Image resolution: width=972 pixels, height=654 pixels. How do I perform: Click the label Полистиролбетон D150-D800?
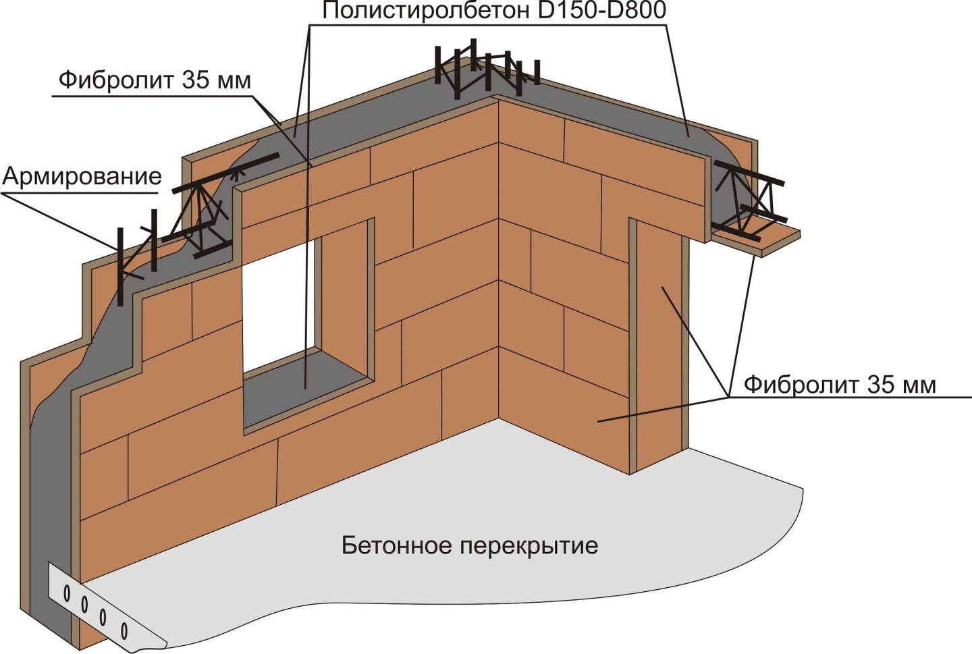pos(493,11)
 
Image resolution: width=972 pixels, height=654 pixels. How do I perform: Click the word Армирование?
pos(82,177)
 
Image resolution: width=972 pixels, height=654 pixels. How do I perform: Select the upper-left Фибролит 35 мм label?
pos(155,80)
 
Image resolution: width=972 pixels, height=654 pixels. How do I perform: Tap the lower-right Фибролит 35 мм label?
pos(840,385)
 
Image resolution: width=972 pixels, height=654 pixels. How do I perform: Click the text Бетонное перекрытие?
pos(470,545)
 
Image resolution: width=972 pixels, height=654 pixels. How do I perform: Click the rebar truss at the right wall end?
pos(749,199)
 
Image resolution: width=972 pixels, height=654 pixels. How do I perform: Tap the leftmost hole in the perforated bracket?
pos(67,593)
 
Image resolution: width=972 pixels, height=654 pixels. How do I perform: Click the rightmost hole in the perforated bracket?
pos(124,631)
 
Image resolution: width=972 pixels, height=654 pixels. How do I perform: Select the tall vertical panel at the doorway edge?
pos(657,344)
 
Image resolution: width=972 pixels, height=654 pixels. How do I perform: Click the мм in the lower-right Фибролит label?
pos(919,385)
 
